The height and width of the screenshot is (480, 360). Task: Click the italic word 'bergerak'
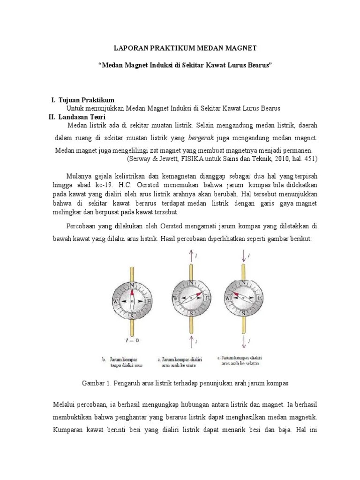coord(201,138)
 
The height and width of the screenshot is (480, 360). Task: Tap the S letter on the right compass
coord(244,316)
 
